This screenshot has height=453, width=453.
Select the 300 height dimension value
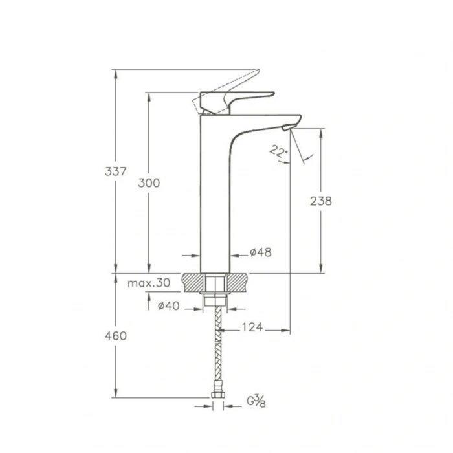[x=149, y=183]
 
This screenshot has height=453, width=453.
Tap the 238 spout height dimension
[x=320, y=201]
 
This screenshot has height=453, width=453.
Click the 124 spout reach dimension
[x=252, y=327]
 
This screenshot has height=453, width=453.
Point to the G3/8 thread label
[x=257, y=402]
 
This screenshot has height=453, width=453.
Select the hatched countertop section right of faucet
[x=238, y=283]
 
